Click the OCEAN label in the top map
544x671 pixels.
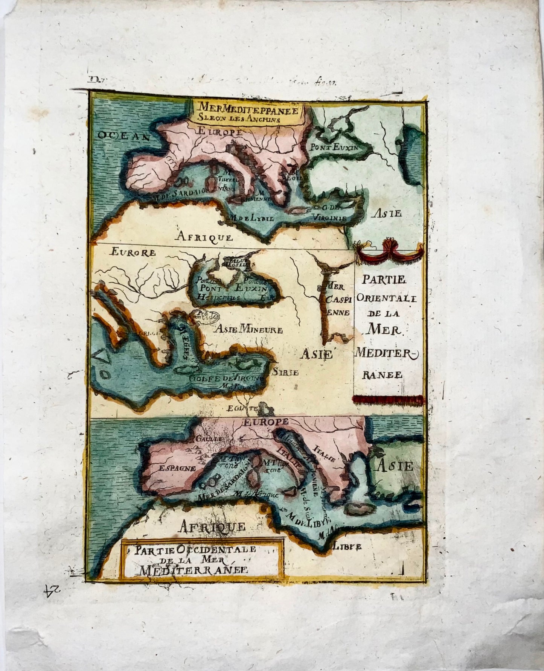[x=122, y=136]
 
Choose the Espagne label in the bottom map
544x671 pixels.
[x=177, y=469]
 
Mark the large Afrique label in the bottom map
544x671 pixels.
[x=212, y=526]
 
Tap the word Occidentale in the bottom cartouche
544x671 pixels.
[x=205, y=549]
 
